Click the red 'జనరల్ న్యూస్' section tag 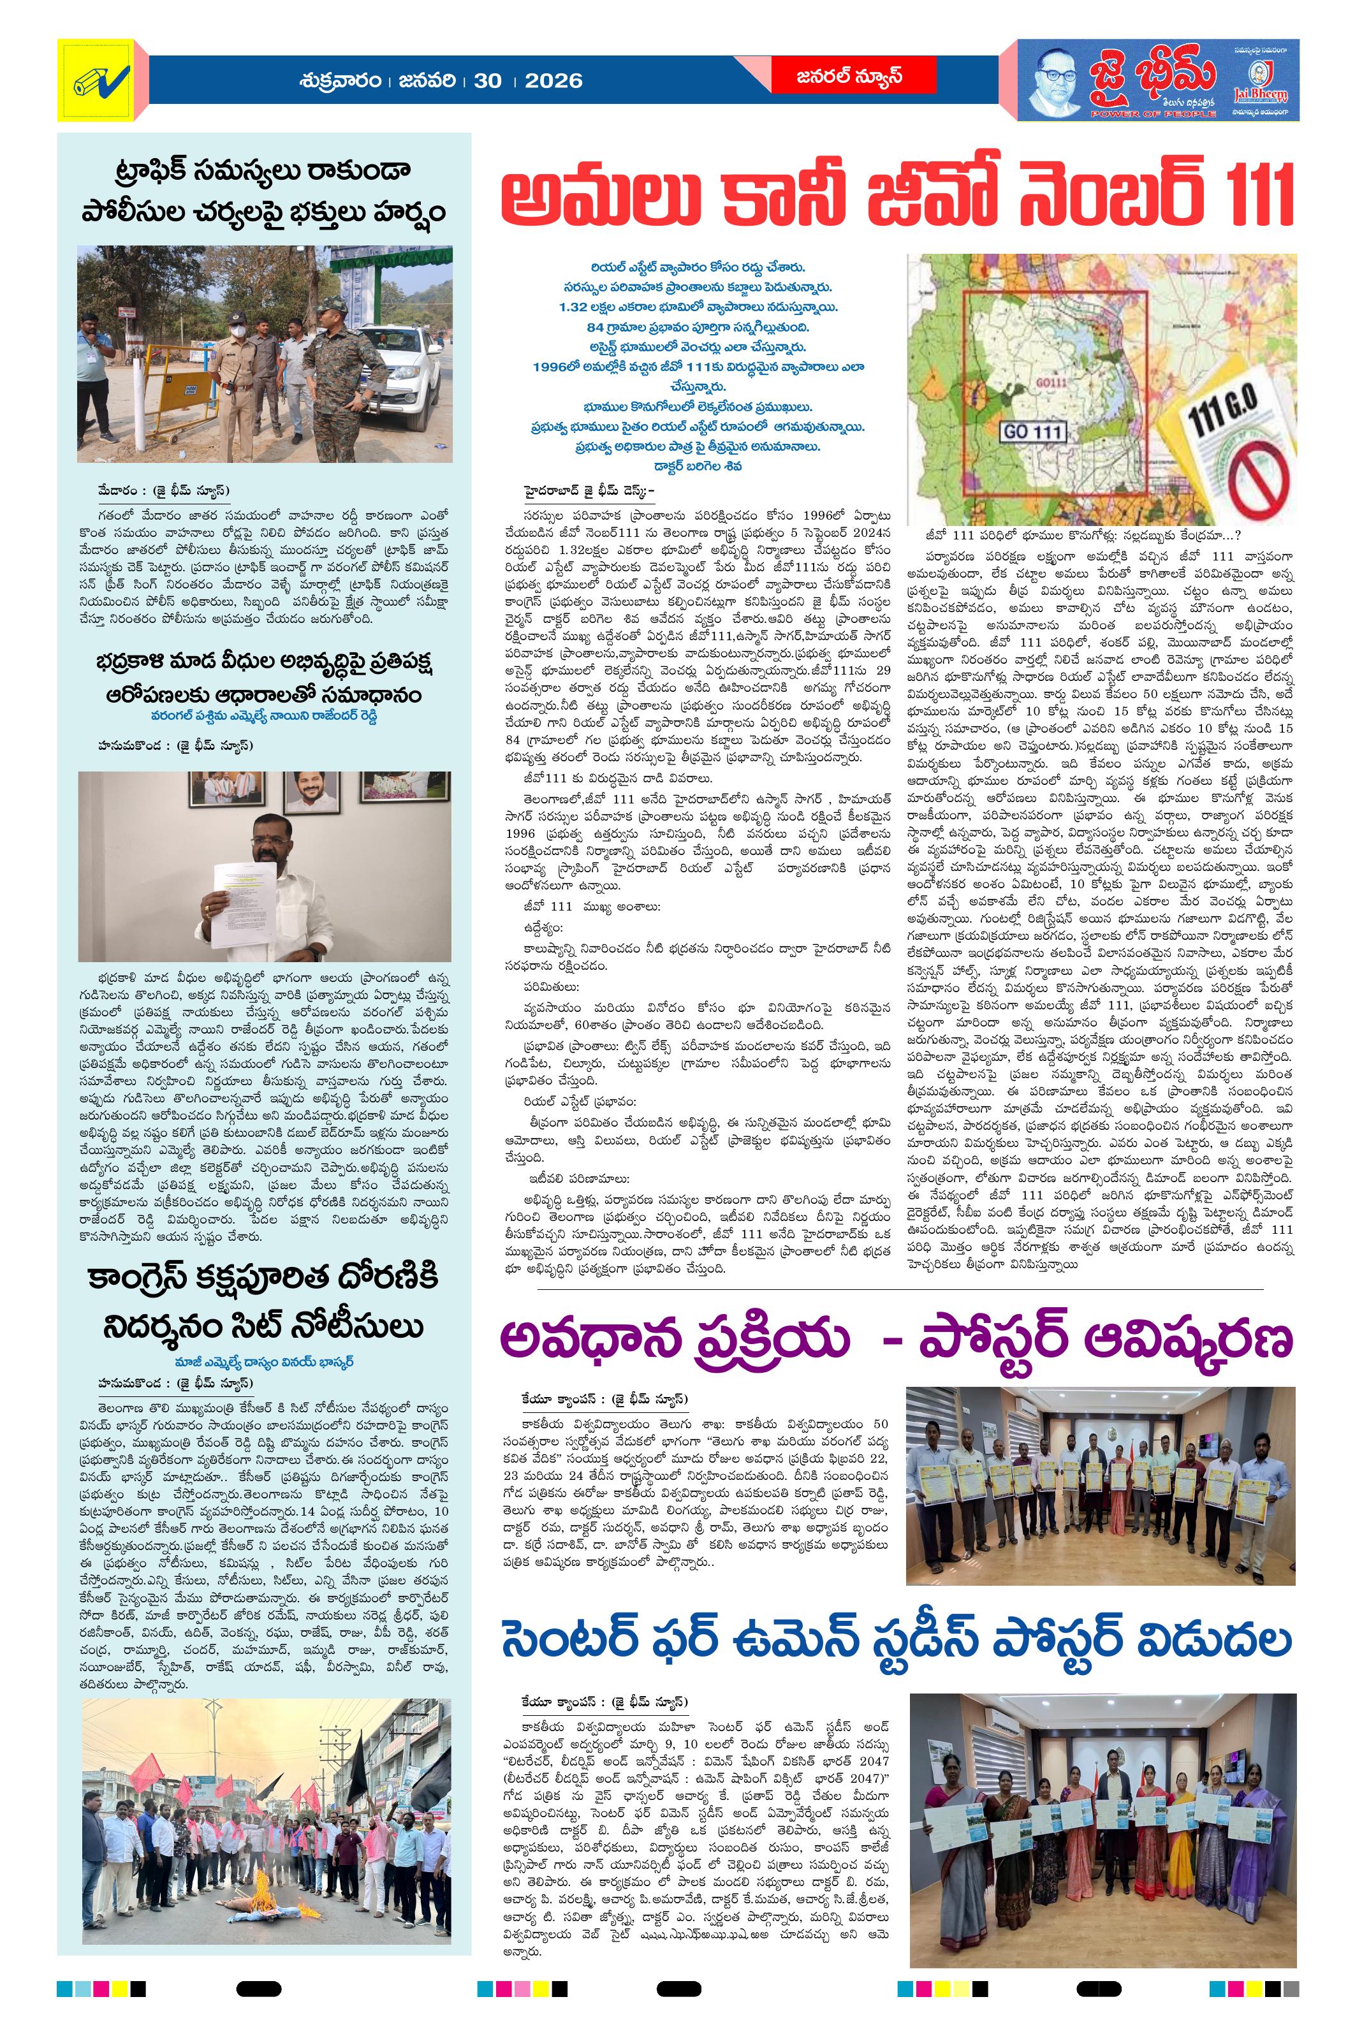coord(849,76)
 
